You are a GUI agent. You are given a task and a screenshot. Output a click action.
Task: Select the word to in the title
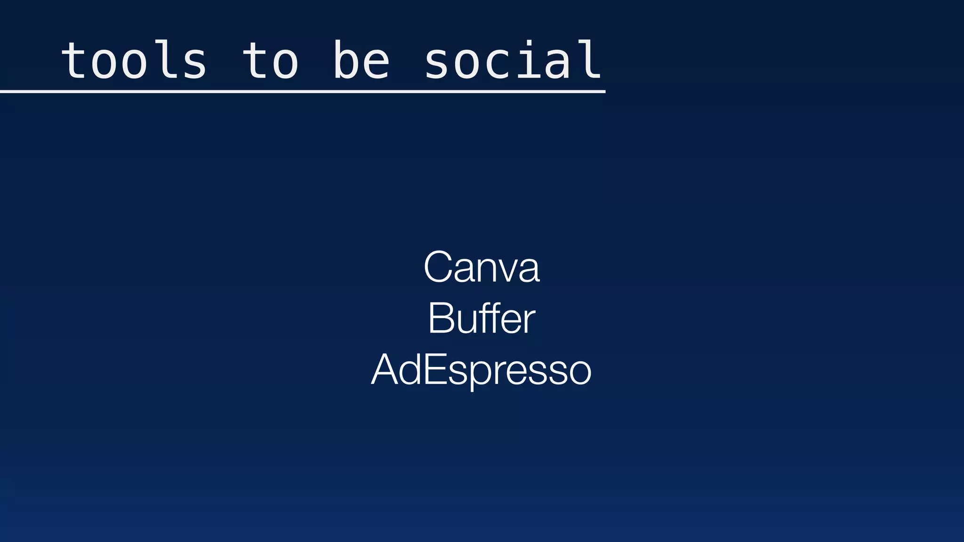click(x=270, y=60)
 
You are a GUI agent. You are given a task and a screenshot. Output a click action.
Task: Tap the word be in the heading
click(x=361, y=60)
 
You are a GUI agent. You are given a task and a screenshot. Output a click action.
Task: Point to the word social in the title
click(x=513, y=60)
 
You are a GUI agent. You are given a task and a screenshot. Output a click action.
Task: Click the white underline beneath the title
click(x=302, y=92)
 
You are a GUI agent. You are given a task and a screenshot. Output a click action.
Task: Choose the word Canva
click(x=482, y=267)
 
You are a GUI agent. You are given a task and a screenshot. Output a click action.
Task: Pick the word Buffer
click(x=482, y=319)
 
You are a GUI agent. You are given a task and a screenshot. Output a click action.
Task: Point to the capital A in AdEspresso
click(x=385, y=370)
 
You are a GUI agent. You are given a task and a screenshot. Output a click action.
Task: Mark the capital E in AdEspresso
click(x=434, y=370)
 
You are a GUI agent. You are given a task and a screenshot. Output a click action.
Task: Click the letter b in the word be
click(x=347, y=60)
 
